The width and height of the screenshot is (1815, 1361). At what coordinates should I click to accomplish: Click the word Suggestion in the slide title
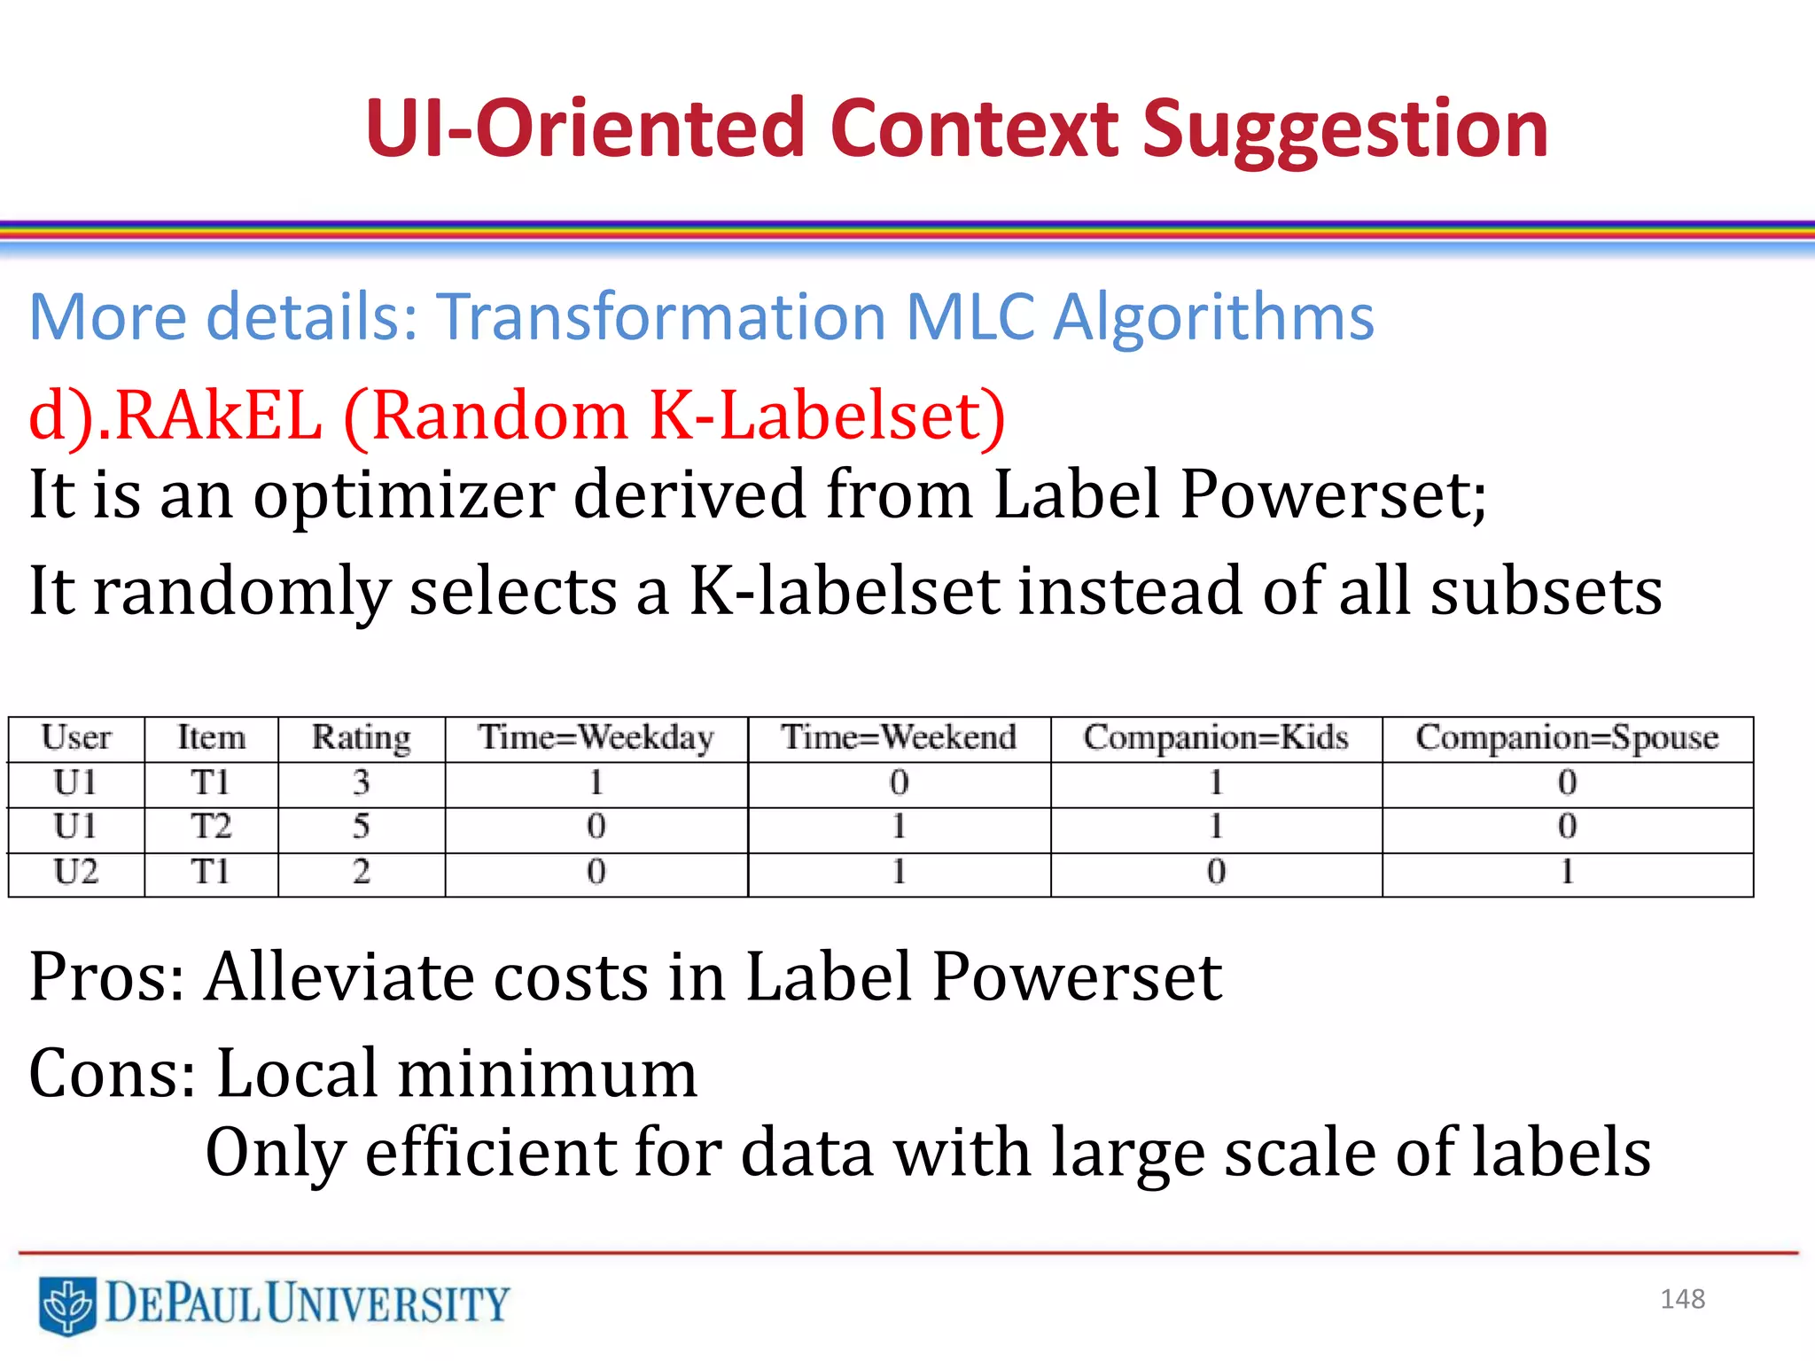pos(1344,131)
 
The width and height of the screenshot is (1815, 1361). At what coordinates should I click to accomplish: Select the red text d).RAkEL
pos(175,416)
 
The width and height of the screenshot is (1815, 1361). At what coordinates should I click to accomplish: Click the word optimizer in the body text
pos(403,494)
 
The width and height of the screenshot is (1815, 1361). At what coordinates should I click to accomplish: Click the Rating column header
pos(361,738)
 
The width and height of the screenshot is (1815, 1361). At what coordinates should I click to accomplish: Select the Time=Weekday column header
pos(596,738)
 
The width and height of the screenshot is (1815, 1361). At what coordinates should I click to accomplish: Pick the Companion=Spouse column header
pos(1566,738)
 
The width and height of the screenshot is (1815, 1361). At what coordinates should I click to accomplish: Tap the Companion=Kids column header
pos(1215,738)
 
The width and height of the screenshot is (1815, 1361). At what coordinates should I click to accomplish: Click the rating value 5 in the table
pos(361,827)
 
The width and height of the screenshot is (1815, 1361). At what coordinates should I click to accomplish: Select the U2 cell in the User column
pos(75,873)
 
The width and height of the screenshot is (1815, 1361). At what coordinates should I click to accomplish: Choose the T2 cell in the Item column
pos(210,827)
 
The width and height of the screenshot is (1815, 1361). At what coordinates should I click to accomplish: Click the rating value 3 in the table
pos(361,782)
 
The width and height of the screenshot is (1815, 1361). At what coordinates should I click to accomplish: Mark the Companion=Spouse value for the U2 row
pos(1567,873)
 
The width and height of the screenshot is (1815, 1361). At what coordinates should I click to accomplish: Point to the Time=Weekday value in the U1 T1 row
pos(596,782)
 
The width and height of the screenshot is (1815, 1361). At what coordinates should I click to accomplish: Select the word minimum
pos(547,1074)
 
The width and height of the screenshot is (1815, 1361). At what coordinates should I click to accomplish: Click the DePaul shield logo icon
pos(67,1305)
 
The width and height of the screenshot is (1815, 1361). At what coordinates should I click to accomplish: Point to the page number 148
pos(1682,1299)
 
